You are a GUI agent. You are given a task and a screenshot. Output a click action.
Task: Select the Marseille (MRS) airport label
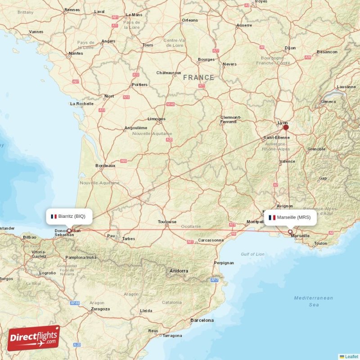pyautogui.click(x=290, y=217)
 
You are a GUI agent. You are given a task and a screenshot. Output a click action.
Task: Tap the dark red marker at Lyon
pyautogui.click(x=286, y=127)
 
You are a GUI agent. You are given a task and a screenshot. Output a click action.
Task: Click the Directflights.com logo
pyautogui.click(x=33, y=338)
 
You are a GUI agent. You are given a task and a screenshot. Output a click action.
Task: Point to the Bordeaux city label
pyautogui.click(x=105, y=166)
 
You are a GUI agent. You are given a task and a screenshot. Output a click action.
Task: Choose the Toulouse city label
pyautogui.click(x=167, y=222)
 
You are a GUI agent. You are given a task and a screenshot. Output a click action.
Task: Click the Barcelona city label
pyautogui.click(x=202, y=320)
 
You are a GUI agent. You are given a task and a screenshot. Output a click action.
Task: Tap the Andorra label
pyautogui.click(x=179, y=271)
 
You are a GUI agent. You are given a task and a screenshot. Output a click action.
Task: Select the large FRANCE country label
pyautogui.click(x=198, y=78)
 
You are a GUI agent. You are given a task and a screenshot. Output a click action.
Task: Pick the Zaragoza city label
pyautogui.click(x=100, y=309)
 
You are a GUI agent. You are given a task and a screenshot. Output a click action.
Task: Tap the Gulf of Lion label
pyautogui.click(x=252, y=254)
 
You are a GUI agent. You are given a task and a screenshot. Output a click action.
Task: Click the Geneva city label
pyautogui.click(x=328, y=102)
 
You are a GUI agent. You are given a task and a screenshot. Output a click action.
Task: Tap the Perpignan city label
pyautogui.click(x=224, y=262)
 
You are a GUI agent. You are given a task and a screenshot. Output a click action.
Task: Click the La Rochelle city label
pyautogui.click(x=81, y=103)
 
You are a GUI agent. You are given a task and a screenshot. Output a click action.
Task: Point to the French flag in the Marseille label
pyautogui.click(x=272, y=217)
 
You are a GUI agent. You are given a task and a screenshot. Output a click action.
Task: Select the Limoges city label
pyautogui.click(x=157, y=119)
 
